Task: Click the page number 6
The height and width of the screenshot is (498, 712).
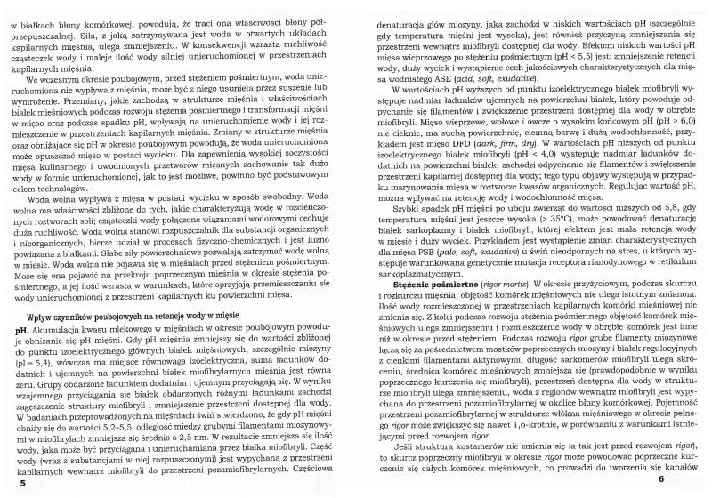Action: [687, 480]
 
